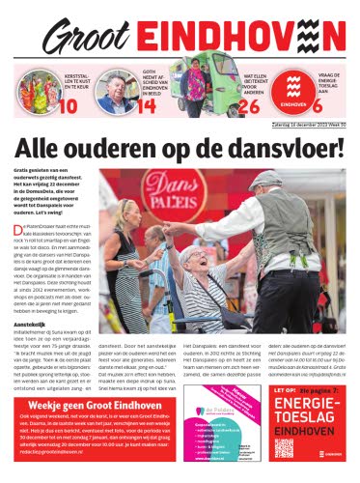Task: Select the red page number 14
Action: pos(147,104)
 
